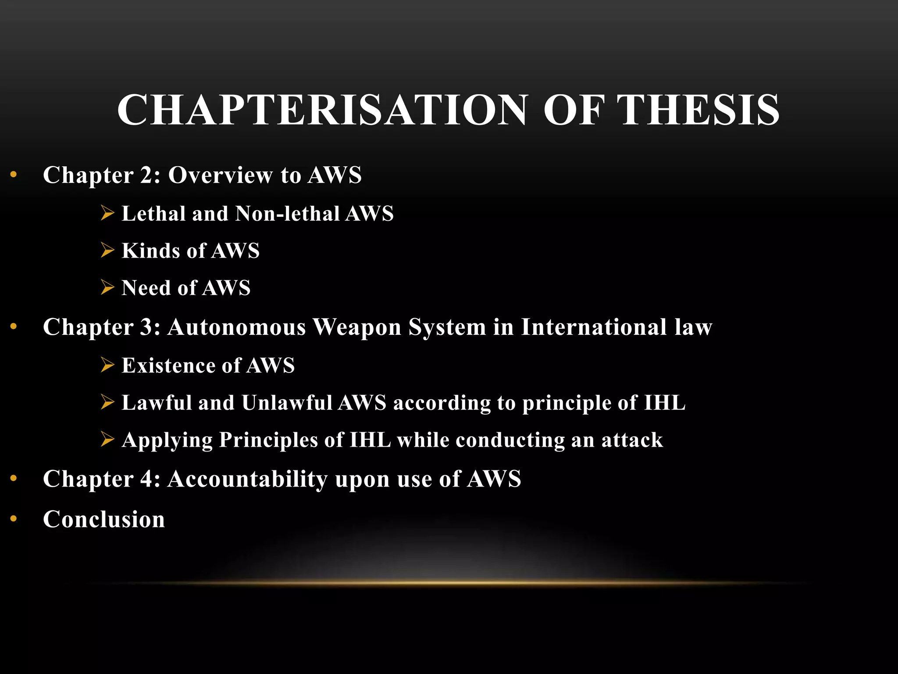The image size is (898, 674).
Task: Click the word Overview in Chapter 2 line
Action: click(x=220, y=175)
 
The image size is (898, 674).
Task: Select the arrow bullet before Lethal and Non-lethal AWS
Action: click(x=107, y=213)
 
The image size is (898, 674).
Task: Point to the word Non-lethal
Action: click(x=287, y=214)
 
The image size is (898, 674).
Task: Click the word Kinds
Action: click(x=150, y=251)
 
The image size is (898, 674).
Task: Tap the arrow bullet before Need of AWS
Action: click(x=107, y=287)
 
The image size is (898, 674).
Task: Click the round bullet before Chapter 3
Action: click(x=14, y=326)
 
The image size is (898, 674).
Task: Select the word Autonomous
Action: click(x=237, y=327)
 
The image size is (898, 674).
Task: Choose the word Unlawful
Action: click(x=286, y=403)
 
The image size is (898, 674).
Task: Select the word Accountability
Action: click(x=247, y=479)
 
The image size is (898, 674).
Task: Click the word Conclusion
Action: click(x=104, y=519)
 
